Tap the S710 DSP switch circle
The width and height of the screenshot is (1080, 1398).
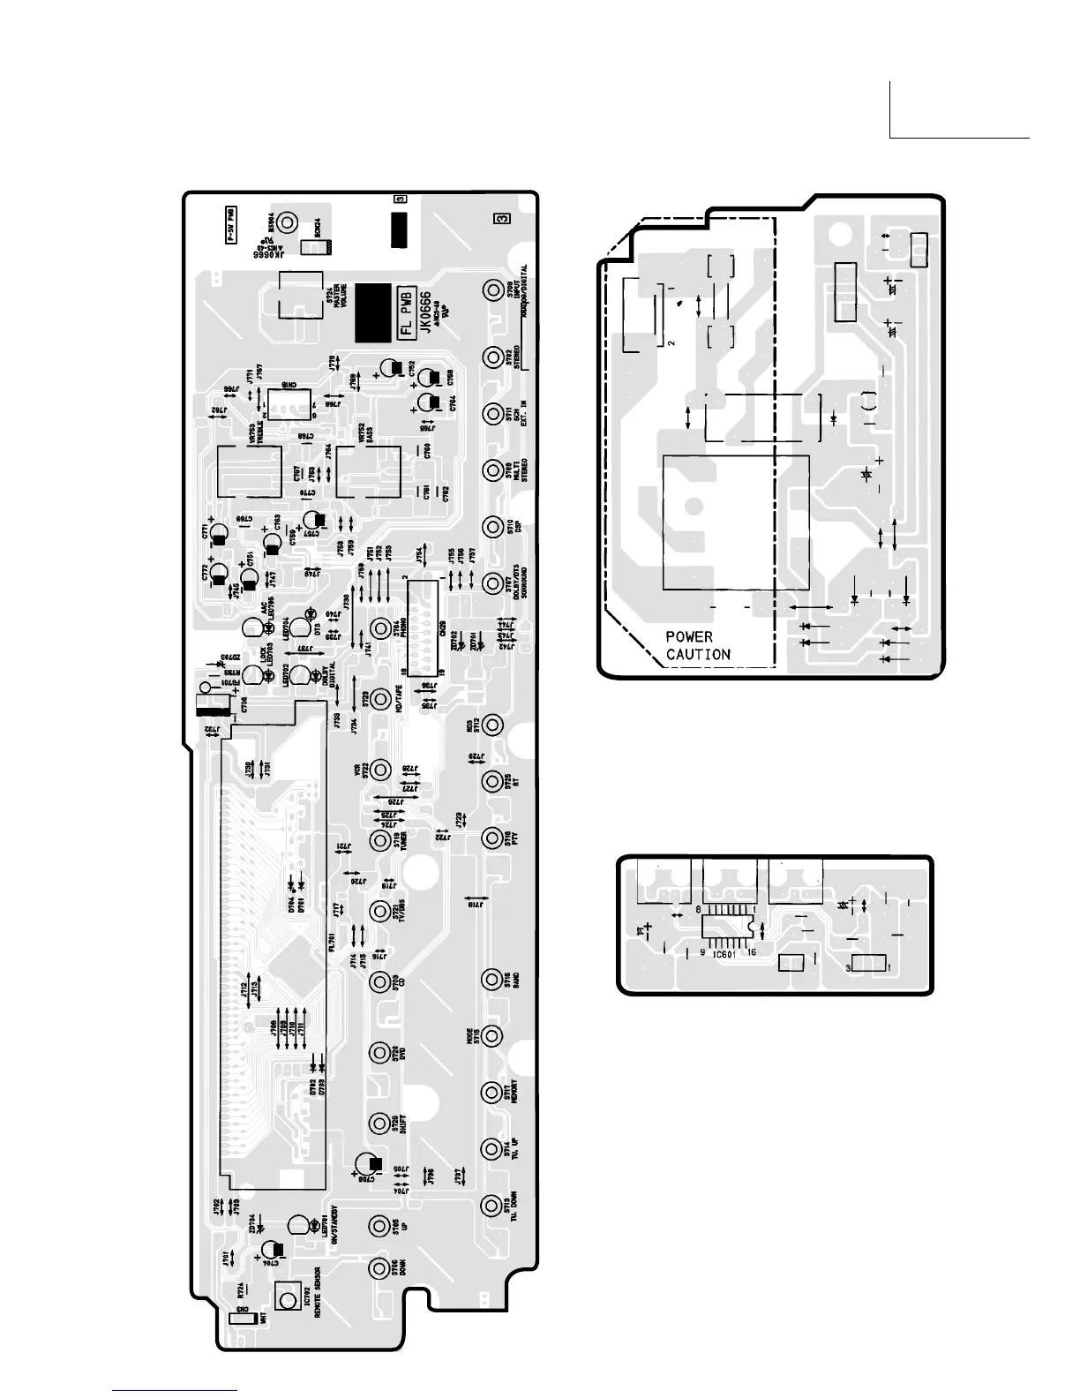(493, 526)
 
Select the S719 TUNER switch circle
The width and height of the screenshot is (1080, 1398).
(380, 840)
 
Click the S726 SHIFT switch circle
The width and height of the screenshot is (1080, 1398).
(380, 1123)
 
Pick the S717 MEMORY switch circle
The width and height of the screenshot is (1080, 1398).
(492, 1092)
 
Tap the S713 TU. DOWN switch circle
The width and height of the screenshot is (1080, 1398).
(492, 1205)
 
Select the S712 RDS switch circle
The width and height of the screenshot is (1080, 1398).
(492, 725)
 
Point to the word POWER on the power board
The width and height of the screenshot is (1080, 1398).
(689, 636)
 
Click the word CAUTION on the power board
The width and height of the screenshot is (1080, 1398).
(698, 654)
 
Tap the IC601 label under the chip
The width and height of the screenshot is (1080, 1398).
(724, 954)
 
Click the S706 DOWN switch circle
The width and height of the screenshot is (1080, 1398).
(380, 1267)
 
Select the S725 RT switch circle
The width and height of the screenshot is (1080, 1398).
(492, 781)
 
